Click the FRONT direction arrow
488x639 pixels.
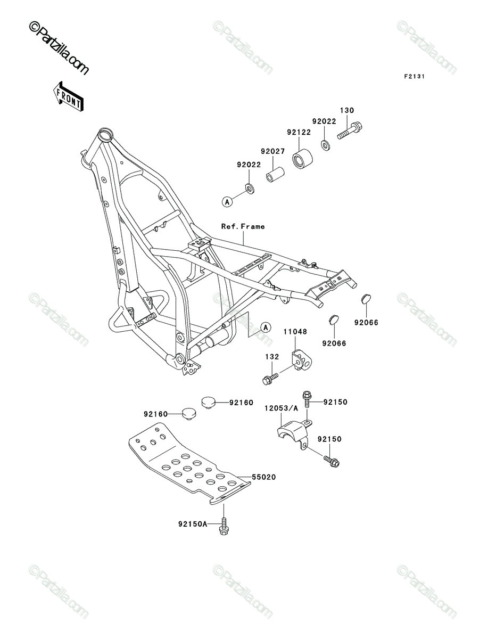coord(68,96)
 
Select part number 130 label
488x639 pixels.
coord(347,110)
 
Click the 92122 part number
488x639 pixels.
coord(299,132)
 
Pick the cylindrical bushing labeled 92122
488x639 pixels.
coord(302,159)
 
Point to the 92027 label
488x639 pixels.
coord(273,151)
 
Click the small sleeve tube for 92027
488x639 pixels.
coord(275,174)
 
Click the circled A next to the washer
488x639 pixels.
coord(227,201)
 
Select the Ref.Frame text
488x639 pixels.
coord(243,226)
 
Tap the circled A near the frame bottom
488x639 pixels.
coord(266,328)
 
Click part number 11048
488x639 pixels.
coord(295,332)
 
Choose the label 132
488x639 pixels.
coord(272,357)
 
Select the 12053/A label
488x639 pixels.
coord(281,408)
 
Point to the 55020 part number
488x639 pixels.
coord(264,477)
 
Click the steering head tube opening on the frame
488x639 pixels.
coord(105,135)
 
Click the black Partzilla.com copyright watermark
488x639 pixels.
coord(59,48)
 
